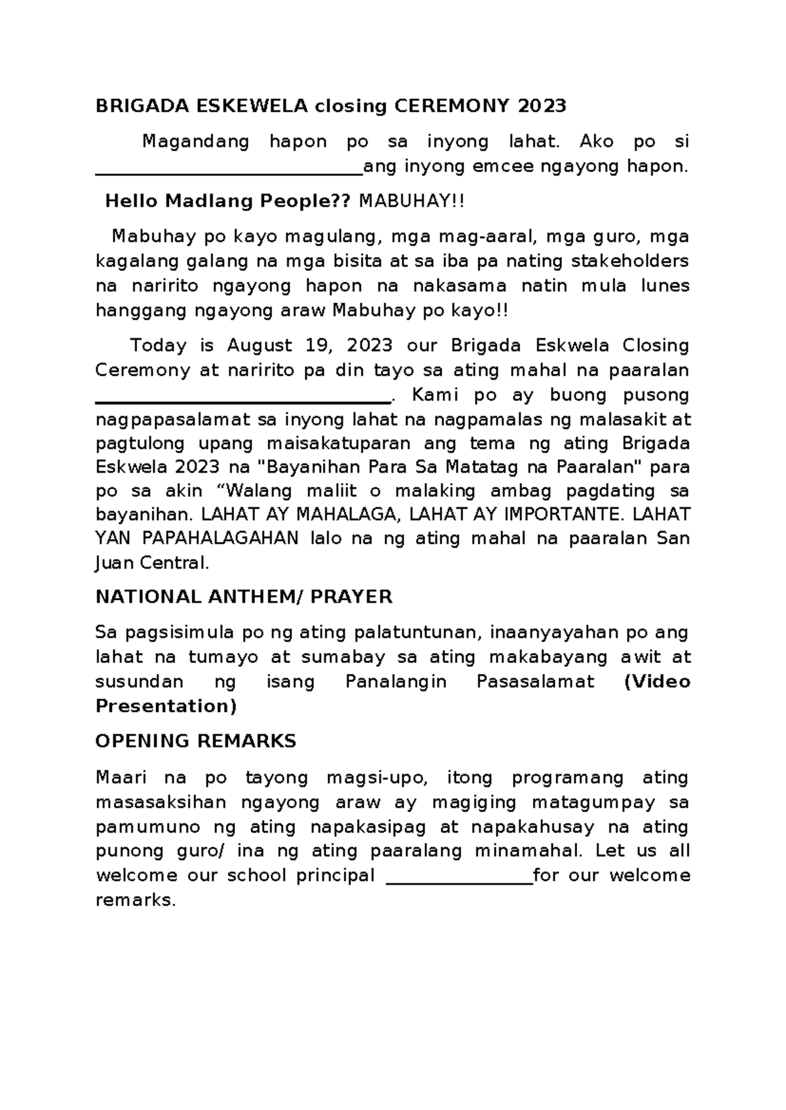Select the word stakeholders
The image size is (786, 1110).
click(x=630, y=261)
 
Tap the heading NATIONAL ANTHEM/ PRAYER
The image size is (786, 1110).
click(x=244, y=597)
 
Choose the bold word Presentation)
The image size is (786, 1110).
click(x=166, y=706)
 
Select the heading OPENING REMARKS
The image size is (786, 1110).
click(x=196, y=742)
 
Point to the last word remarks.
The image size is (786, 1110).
click(x=136, y=901)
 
